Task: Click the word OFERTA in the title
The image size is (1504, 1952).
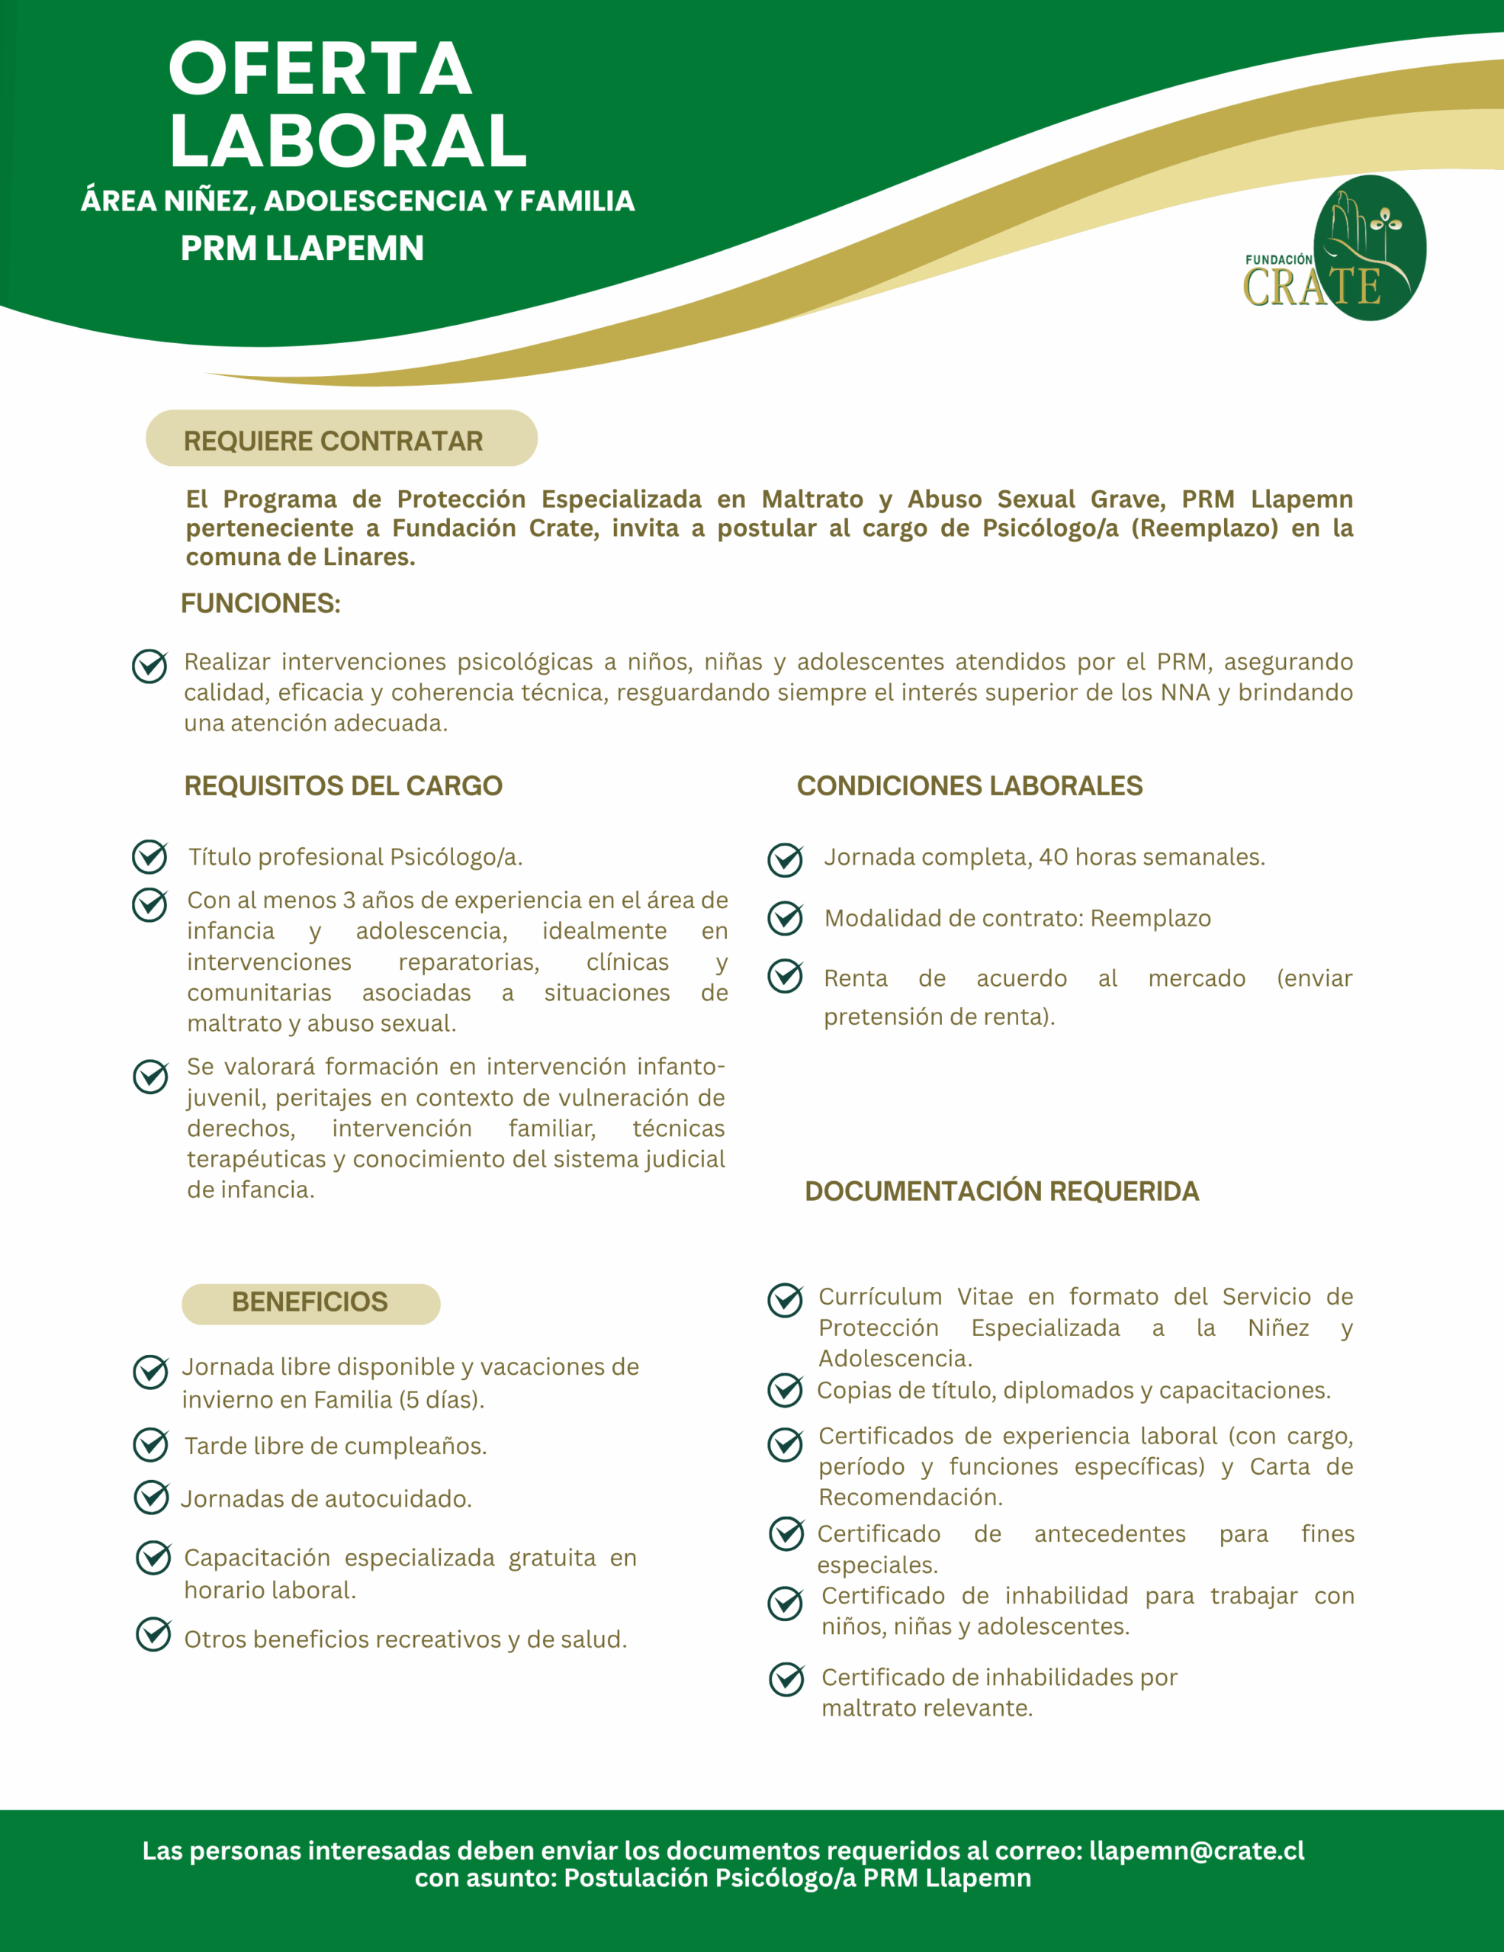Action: pyautogui.click(x=320, y=69)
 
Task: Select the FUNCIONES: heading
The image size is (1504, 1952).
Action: pyautogui.click(x=260, y=603)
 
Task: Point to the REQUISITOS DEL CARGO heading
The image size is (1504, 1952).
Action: pyautogui.click(x=343, y=785)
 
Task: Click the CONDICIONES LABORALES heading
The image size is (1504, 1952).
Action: pyautogui.click(x=969, y=785)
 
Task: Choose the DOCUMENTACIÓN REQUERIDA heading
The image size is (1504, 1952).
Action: pyautogui.click(x=1001, y=1190)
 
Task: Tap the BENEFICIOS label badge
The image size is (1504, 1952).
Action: pyautogui.click(x=310, y=1302)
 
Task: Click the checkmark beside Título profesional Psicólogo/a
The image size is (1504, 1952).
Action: pyautogui.click(x=149, y=856)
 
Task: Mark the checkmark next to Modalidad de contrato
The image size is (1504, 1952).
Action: pyautogui.click(x=785, y=918)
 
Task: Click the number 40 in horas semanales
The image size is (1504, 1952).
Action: pyautogui.click(x=1053, y=856)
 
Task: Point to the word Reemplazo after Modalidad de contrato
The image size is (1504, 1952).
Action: pyautogui.click(x=1150, y=918)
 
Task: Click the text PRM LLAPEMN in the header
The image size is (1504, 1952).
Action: pyautogui.click(x=302, y=248)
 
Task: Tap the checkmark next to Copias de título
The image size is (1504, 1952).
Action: pyautogui.click(x=785, y=1390)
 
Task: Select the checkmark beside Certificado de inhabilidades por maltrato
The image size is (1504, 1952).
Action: pyautogui.click(x=786, y=1679)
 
